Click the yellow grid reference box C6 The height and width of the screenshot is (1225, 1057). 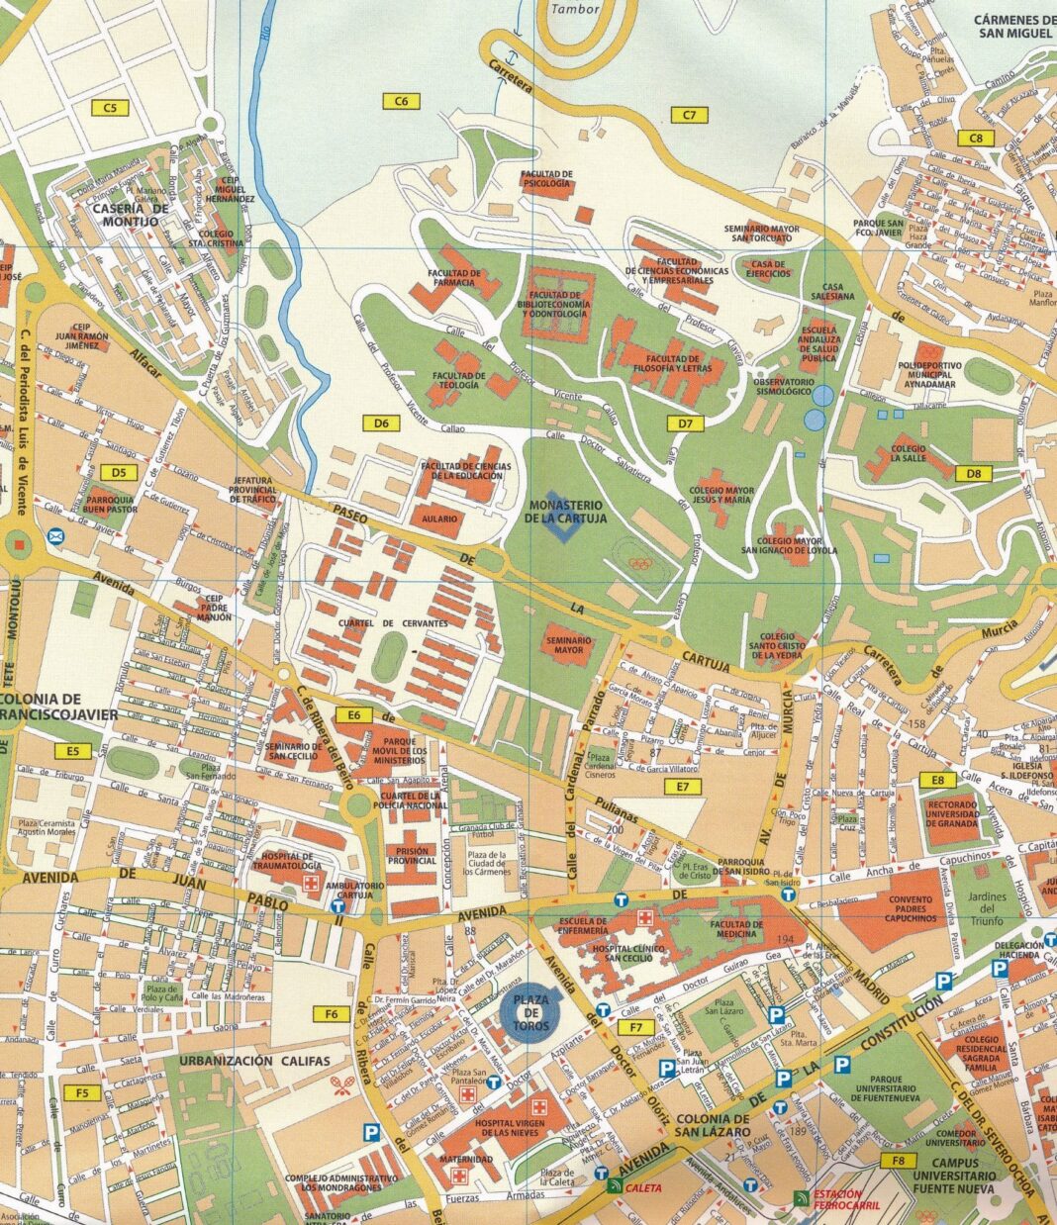402,100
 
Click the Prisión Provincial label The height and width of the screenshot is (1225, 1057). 412,855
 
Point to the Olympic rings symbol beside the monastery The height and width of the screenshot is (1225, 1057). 641,565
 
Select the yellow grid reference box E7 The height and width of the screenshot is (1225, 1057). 683,787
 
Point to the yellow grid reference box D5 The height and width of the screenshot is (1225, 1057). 119,473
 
